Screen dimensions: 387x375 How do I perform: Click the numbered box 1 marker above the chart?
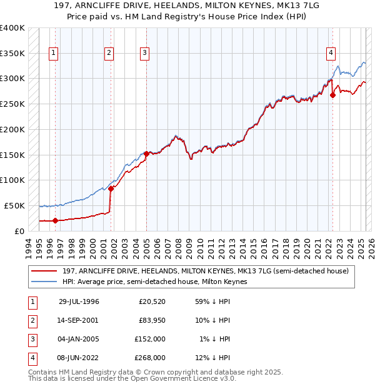click(x=54, y=54)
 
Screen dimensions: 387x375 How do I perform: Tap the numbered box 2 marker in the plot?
click(x=109, y=54)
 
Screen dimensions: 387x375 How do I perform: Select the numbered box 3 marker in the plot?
click(x=144, y=54)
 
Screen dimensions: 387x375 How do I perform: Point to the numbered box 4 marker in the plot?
click(x=330, y=54)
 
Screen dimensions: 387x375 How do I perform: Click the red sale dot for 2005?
click(x=146, y=153)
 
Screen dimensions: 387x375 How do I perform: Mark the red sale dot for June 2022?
click(x=332, y=95)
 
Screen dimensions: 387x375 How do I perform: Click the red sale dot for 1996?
click(x=55, y=220)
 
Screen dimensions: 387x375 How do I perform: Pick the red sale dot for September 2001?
click(x=111, y=188)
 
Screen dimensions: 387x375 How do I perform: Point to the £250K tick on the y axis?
click(x=12, y=104)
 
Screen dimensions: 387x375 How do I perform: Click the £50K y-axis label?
click(x=15, y=205)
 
